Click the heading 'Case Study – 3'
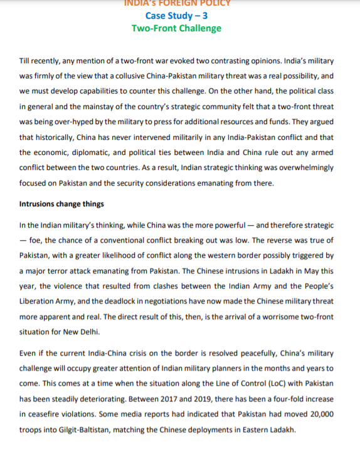point(176,16)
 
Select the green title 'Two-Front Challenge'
point(176,28)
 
